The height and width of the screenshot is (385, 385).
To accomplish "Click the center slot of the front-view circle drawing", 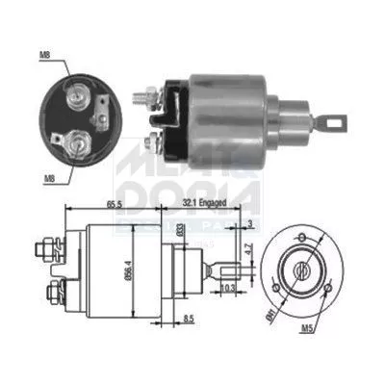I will (x=305, y=264).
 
